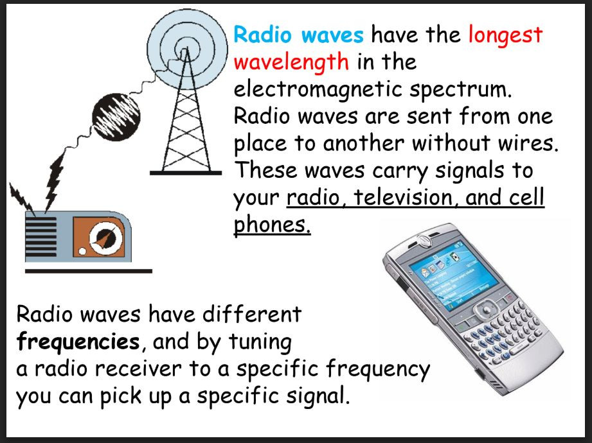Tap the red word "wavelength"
pos(291,62)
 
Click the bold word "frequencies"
pos(77,342)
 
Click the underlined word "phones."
pos(271,226)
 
